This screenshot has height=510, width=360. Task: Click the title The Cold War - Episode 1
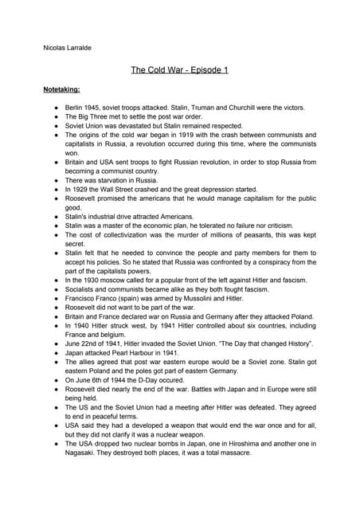click(x=180, y=70)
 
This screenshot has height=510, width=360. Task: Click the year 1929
click(x=83, y=190)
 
